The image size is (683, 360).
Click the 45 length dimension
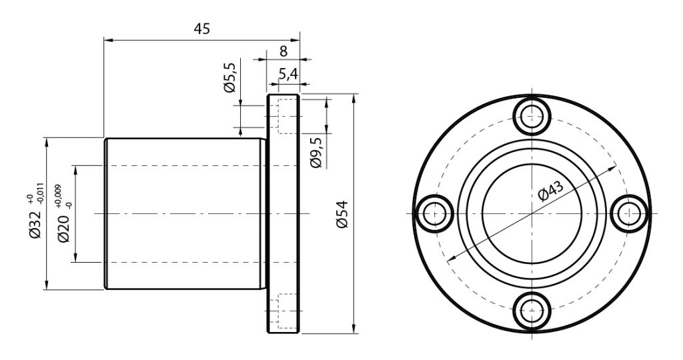point(201,29)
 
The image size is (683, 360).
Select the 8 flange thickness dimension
point(283,51)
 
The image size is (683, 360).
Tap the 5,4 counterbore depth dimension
point(287,75)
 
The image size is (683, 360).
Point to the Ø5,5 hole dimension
point(229,77)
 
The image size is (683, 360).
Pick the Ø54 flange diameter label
point(342,214)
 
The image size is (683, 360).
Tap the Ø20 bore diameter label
point(63,227)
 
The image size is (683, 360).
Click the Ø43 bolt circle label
point(550,190)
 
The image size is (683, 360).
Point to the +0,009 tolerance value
point(58,195)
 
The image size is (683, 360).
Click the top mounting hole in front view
point(532,116)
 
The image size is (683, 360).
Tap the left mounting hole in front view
point(435,214)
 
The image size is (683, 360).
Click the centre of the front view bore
point(532,214)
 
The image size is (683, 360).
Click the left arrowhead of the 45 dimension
point(108,41)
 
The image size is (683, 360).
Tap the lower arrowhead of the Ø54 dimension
point(354,329)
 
